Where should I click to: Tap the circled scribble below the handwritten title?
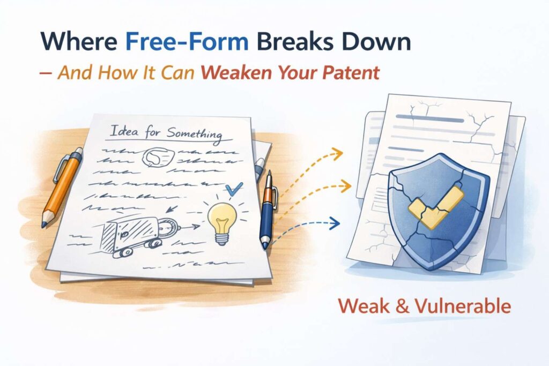point(155,157)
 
